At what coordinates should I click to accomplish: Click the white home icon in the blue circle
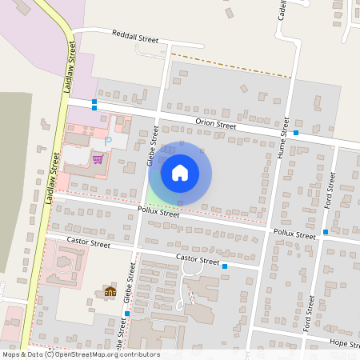point(180,172)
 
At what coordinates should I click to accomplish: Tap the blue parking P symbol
point(109,142)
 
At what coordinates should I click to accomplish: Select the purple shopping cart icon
point(98,158)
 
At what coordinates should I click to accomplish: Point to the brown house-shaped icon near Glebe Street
point(110,292)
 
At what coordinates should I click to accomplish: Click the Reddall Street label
point(136,37)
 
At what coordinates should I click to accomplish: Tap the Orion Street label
point(215,124)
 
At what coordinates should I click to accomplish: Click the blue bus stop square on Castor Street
point(225,266)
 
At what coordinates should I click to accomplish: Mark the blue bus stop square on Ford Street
point(326,232)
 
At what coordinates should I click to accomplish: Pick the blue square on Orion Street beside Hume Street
point(296,133)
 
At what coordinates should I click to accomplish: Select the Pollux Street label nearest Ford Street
point(295,235)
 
